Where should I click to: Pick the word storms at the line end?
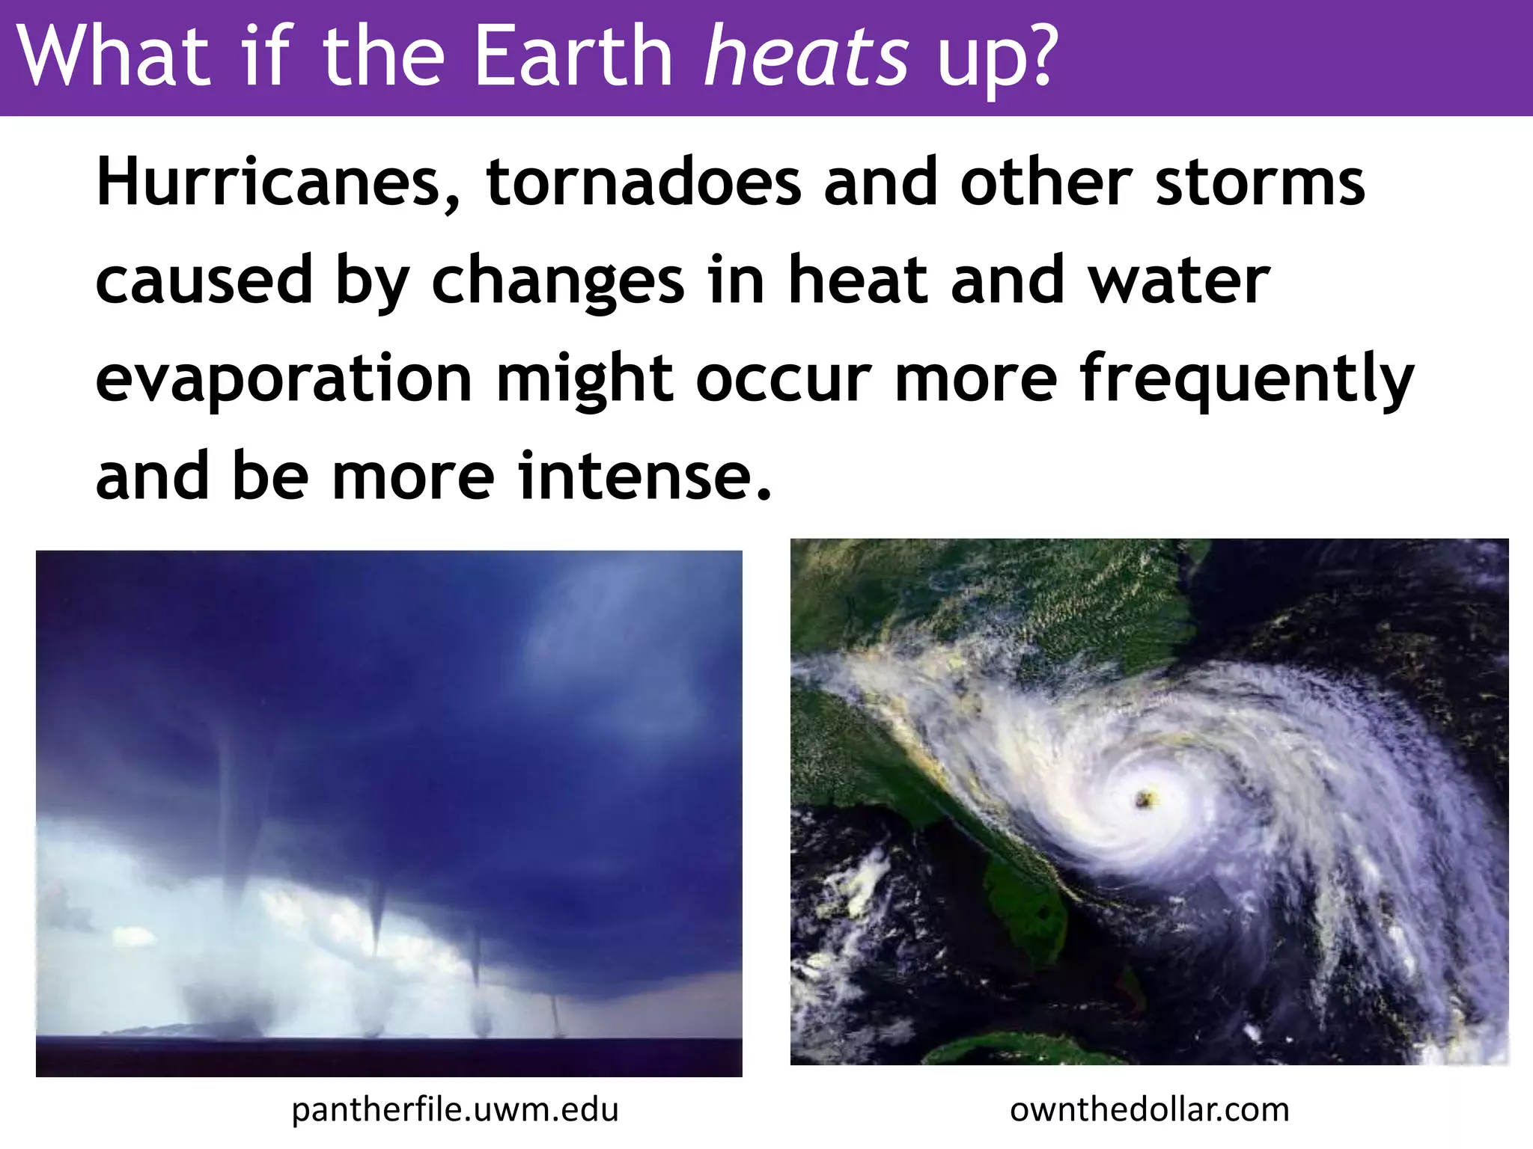(1260, 183)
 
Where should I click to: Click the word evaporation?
(284, 380)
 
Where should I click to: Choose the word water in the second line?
(1179, 281)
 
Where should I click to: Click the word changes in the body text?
(558, 283)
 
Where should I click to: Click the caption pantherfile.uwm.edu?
(455, 1109)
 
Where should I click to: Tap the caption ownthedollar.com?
(1150, 1109)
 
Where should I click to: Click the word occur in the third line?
(784, 380)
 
